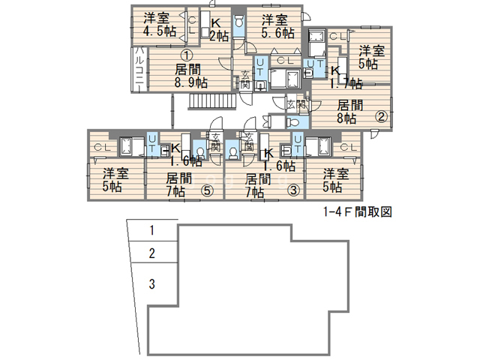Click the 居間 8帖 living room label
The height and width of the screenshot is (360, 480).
pos(349,112)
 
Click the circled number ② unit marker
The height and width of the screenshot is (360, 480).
pos(381,116)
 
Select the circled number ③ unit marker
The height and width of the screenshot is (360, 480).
pos(294,190)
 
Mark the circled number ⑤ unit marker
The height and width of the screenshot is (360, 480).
pos(207,190)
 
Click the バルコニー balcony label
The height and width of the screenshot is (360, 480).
pos(139,69)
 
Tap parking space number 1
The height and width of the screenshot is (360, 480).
pos(152,230)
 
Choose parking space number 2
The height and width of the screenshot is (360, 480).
pos(152,253)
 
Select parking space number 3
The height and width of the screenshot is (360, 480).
pos(152,284)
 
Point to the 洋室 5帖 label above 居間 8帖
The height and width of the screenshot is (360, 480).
pos(370,58)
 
